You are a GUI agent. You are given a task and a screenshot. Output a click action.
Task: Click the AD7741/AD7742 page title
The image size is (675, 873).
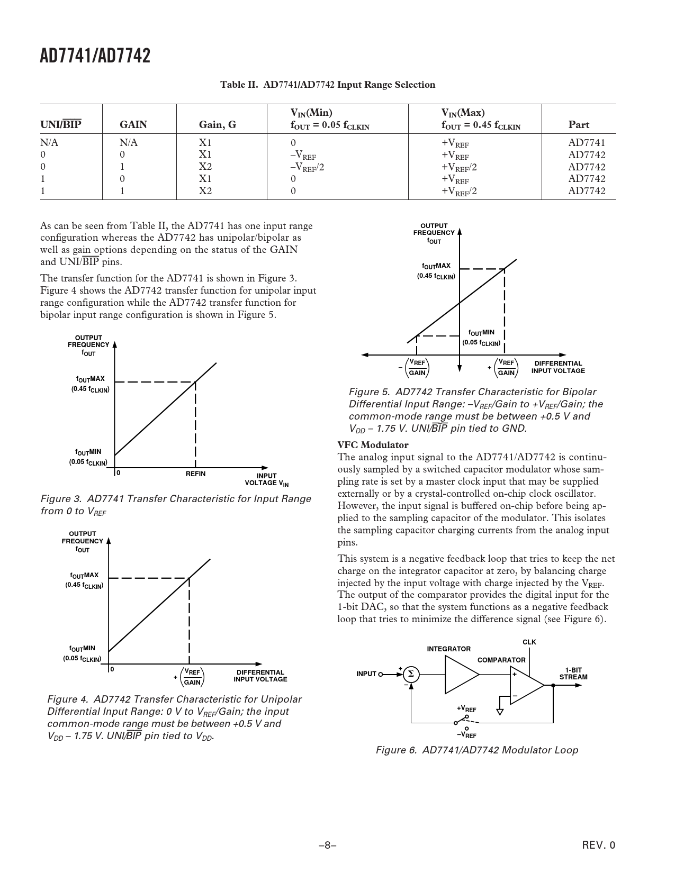(x=95, y=56)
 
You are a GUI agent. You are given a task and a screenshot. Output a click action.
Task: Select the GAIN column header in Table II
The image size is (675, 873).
(x=133, y=125)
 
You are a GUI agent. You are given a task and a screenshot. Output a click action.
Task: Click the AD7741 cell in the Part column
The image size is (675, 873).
(x=587, y=143)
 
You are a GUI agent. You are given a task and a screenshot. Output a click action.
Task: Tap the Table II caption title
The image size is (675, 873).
(x=328, y=85)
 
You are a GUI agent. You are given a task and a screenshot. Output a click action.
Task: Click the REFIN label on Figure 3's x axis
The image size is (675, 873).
(x=195, y=474)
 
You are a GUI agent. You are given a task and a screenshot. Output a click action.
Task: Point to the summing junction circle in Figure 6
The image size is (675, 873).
(x=410, y=674)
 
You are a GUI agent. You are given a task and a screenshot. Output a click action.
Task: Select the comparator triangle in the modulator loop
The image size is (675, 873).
(x=525, y=685)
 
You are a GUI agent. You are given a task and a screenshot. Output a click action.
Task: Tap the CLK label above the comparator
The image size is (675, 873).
(x=529, y=642)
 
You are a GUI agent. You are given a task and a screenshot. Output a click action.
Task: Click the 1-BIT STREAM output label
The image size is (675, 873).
(x=573, y=674)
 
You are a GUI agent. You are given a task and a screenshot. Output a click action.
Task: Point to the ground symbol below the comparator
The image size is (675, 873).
(x=500, y=712)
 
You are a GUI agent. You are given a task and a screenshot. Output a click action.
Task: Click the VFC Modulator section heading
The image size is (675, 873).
(x=373, y=445)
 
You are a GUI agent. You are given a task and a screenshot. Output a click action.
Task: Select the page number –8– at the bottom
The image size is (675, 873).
(x=328, y=845)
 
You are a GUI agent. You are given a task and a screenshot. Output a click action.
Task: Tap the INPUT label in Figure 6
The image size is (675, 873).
(x=366, y=674)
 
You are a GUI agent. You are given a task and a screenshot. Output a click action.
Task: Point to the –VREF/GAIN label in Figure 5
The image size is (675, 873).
(x=415, y=368)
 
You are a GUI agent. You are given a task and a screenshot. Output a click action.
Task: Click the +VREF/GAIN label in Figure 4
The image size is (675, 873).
(x=190, y=677)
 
